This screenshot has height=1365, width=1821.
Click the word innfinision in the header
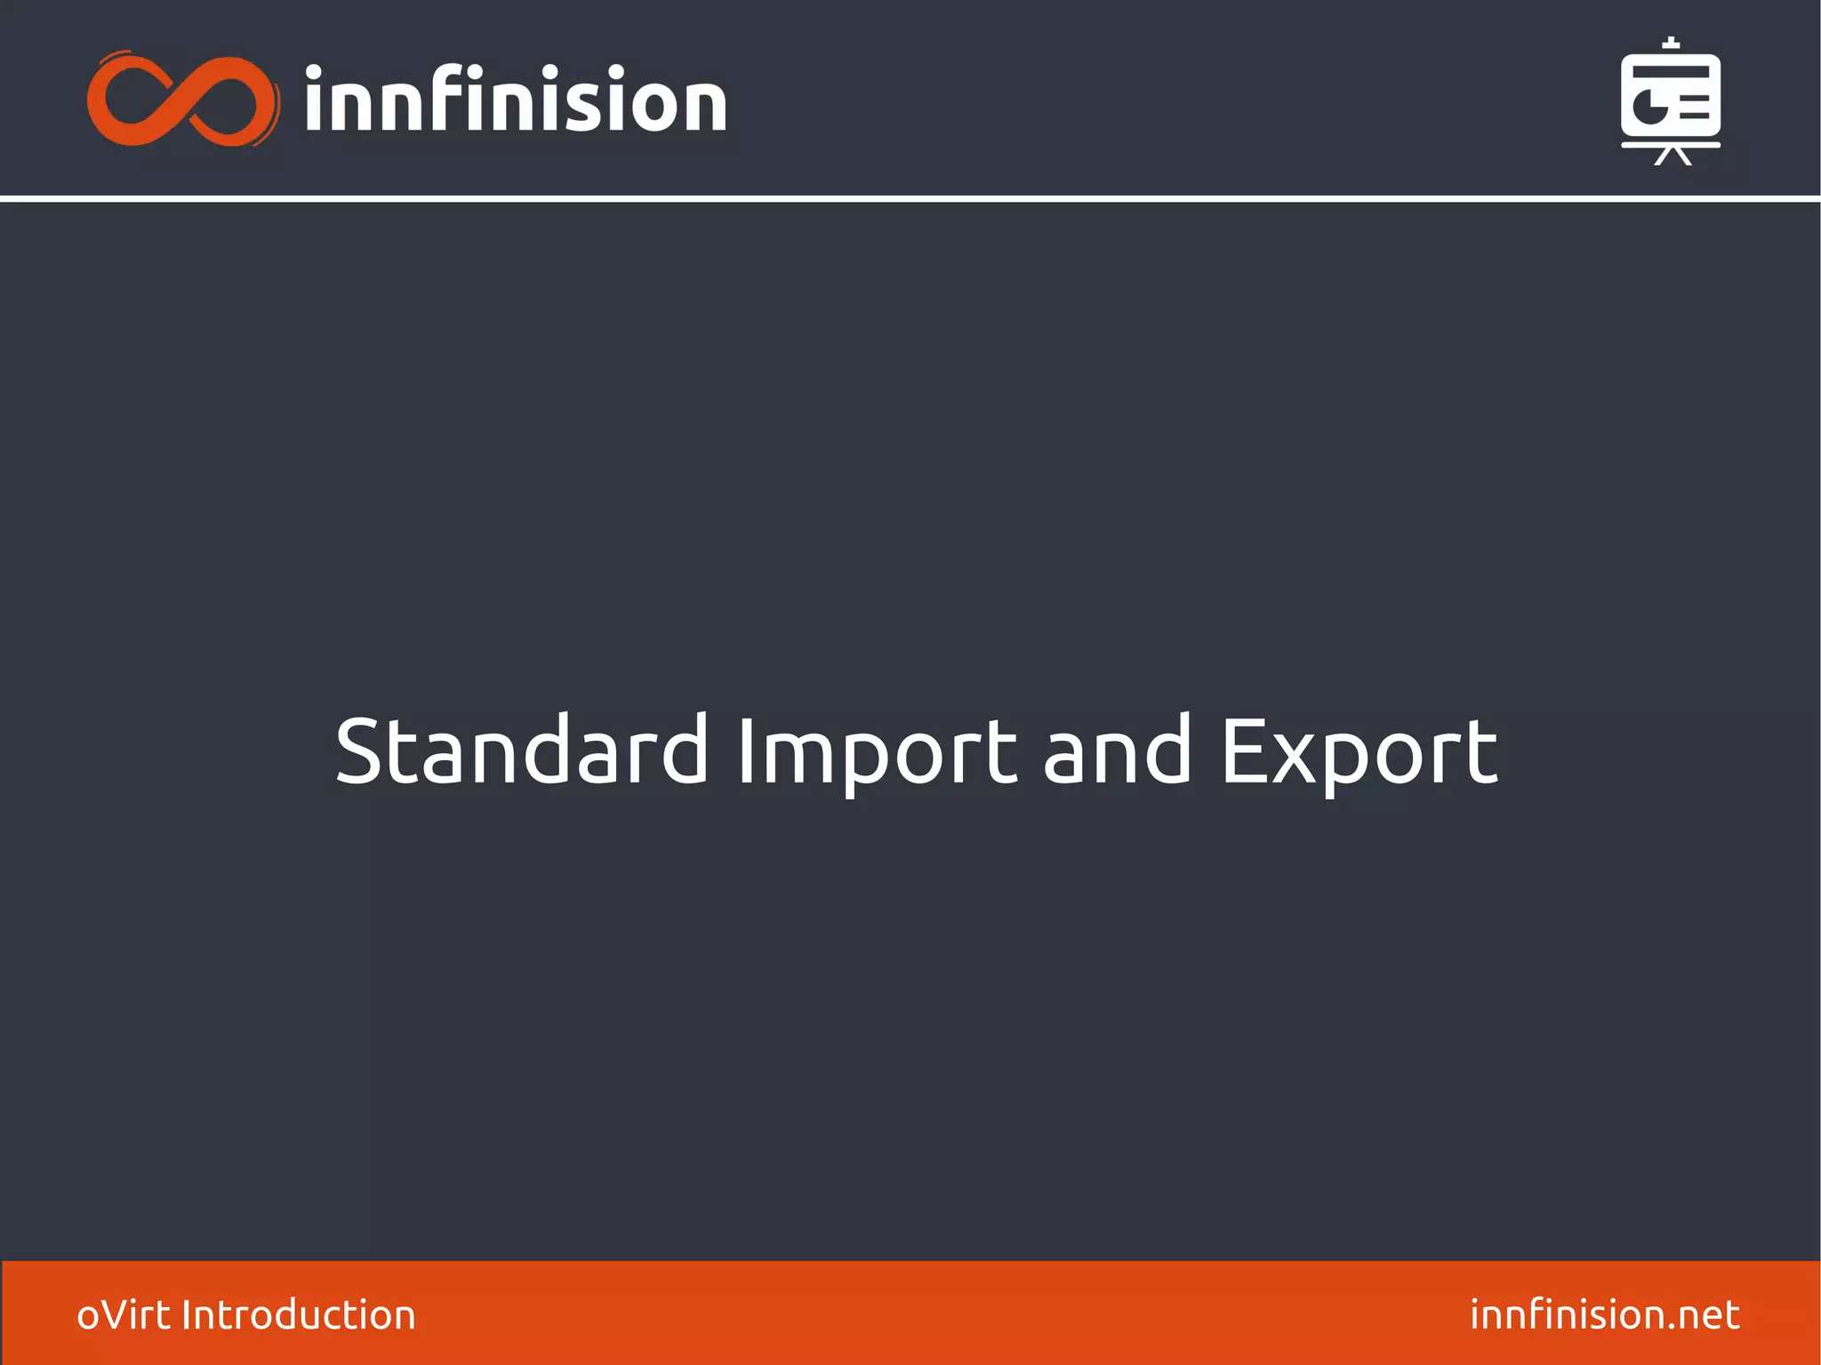516,100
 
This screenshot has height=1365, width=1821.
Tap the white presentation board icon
1670,100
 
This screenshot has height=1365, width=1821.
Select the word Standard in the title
521,751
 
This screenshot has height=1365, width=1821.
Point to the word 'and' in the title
1116,751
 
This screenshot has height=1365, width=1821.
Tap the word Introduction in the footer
298,1314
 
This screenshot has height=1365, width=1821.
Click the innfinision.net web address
1604,1314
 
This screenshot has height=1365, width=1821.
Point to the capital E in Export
1243,751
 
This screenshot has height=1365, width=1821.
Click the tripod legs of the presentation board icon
1672,157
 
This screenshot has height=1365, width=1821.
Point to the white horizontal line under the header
910,198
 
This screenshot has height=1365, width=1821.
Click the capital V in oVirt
125,1314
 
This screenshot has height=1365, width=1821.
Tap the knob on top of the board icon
1671,44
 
